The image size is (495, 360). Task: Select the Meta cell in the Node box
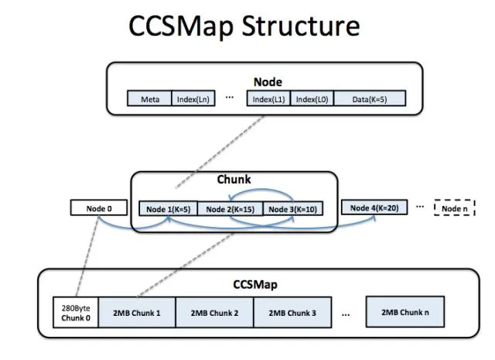[149, 99]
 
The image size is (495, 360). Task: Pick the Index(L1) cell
[268, 99]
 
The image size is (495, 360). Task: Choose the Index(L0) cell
[311, 99]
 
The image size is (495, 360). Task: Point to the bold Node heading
[268, 81]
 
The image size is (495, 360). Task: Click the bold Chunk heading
[234, 180]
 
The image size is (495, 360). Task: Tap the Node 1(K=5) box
[169, 208]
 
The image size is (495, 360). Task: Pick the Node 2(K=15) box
[230, 208]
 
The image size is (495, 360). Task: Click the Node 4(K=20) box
[374, 207]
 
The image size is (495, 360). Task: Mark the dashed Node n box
[453, 208]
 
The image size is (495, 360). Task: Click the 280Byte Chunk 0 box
[75, 312]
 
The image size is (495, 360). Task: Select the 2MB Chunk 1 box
[137, 312]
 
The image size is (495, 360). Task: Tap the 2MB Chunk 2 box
[215, 312]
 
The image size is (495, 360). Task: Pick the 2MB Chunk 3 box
[292, 312]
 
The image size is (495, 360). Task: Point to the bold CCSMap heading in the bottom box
[255, 284]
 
